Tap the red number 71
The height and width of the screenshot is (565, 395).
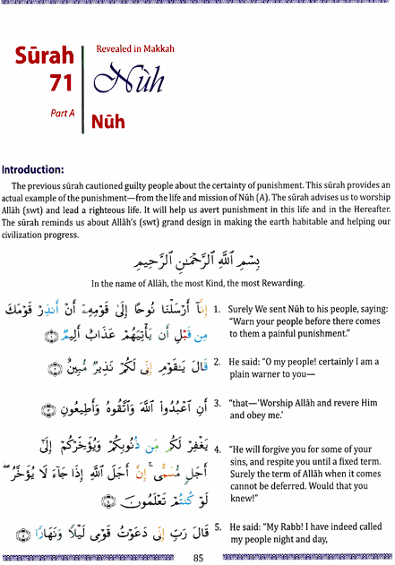pos(57,85)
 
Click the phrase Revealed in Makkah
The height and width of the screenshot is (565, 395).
pos(134,51)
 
